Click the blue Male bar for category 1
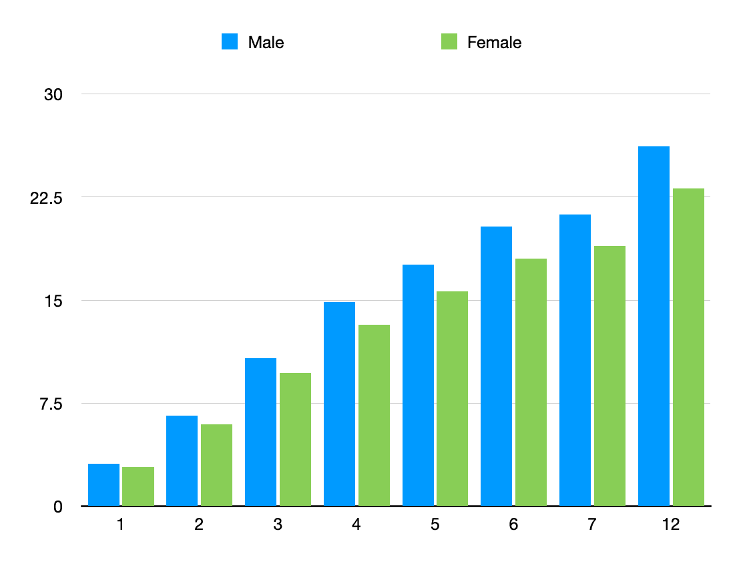click(x=103, y=484)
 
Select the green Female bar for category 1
click(x=138, y=486)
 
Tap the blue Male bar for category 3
click(x=260, y=432)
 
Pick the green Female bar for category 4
click(x=374, y=415)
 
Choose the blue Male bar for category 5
click(x=418, y=385)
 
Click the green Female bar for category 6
click(x=531, y=382)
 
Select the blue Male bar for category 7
click(x=575, y=360)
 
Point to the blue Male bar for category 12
click(x=654, y=326)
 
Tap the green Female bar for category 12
click(x=688, y=347)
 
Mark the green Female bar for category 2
click(x=216, y=465)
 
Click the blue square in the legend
click(x=230, y=42)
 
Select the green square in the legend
click(x=449, y=42)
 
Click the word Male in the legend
click(x=266, y=43)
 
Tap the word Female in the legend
click(x=494, y=43)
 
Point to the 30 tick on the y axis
click(x=53, y=95)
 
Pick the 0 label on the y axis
click(x=58, y=507)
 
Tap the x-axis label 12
click(x=671, y=525)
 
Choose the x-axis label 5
click(x=435, y=525)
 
